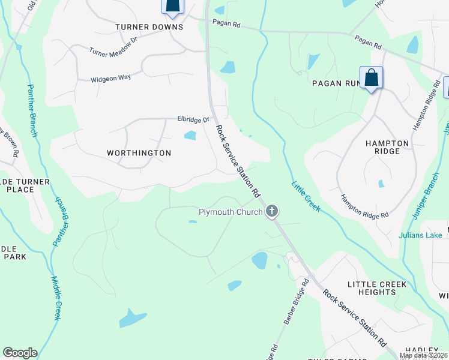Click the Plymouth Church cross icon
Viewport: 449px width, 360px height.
click(272, 211)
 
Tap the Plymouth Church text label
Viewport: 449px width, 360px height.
click(231, 212)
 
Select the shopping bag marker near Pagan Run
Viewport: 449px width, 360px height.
click(372, 78)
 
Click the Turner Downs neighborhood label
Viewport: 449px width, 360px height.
click(149, 28)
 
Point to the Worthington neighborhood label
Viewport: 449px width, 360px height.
click(139, 153)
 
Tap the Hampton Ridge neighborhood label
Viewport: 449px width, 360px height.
click(387, 147)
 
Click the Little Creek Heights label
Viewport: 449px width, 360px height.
click(377, 287)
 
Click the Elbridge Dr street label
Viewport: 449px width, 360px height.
click(191, 119)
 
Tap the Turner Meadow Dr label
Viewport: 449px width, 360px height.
click(113, 52)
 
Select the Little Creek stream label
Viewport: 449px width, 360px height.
click(307, 196)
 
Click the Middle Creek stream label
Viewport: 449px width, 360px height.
click(55, 298)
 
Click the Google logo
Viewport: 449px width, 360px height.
click(20, 353)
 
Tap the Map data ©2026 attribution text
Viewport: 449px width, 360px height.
click(423, 355)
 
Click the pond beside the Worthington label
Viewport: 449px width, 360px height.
click(190, 135)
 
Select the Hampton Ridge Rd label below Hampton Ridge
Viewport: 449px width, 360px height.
click(364, 206)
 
